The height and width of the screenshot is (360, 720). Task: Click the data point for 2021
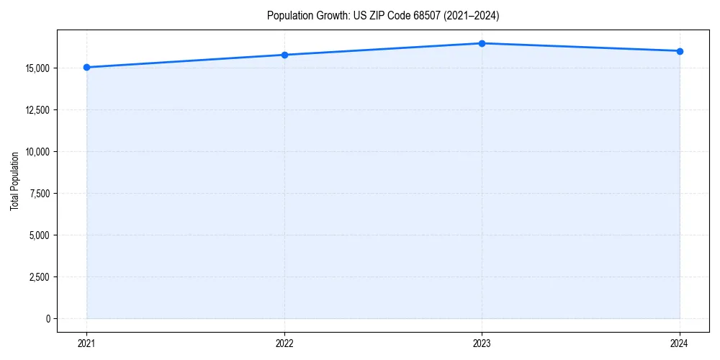click(x=86, y=67)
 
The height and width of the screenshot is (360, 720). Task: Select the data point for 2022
click(x=284, y=55)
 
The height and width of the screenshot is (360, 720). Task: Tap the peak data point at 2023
click(x=482, y=43)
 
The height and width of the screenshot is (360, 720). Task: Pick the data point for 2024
click(x=680, y=51)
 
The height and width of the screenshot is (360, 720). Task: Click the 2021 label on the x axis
click(x=86, y=343)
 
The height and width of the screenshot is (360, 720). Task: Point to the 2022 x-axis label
click(x=284, y=343)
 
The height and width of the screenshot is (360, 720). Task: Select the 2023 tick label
click(x=482, y=343)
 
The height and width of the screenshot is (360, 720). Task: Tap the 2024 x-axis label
click(x=680, y=343)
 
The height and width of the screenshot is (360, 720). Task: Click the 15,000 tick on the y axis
click(x=35, y=68)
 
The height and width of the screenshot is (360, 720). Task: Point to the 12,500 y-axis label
click(x=35, y=110)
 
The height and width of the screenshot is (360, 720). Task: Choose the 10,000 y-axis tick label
click(x=35, y=152)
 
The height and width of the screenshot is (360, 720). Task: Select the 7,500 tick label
click(x=37, y=194)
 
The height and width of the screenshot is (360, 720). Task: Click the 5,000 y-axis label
click(x=37, y=235)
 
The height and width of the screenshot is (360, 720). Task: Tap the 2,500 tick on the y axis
click(x=37, y=277)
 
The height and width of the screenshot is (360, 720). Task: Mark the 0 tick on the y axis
click(x=47, y=318)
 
